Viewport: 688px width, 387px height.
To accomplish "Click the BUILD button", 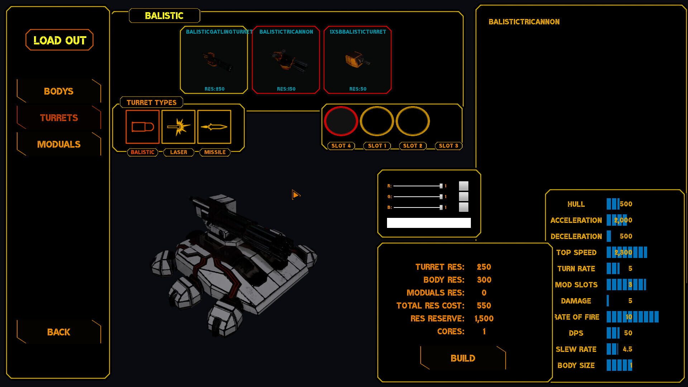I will coord(463,358).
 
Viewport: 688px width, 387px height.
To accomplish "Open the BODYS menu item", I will coord(59,91).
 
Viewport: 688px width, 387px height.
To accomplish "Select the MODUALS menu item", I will coord(59,144).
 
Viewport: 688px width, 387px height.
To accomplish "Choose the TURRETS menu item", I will coord(59,118).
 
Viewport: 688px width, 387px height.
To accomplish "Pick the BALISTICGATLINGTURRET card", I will coord(214,60).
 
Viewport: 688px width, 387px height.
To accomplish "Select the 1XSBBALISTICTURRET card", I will coord(357,60).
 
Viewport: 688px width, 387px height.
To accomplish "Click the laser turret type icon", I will coord(178,127).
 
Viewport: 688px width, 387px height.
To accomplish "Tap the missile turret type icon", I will coord(214,127).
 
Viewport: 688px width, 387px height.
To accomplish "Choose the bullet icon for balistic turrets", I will coord(143,127).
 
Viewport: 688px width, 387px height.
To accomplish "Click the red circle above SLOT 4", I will coord(341,121).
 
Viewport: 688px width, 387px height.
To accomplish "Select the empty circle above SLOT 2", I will coord(412,121).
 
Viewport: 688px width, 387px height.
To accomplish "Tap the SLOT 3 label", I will coord(448,146).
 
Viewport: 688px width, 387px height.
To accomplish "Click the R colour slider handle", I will coord(441,186).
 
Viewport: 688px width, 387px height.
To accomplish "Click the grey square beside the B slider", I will coord(464,207).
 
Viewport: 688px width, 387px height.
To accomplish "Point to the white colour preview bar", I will coord(429,223).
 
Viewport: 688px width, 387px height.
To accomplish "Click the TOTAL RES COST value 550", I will coord(484,306).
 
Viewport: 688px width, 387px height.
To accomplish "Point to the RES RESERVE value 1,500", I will coord(484,319).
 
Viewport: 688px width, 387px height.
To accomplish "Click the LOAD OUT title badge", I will coord(59,40).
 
